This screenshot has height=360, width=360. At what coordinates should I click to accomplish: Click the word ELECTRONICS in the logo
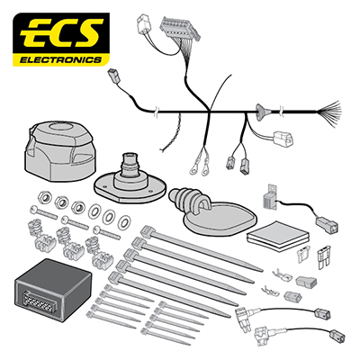coord(60,60)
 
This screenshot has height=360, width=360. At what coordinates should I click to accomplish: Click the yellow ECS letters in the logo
coord(61,34)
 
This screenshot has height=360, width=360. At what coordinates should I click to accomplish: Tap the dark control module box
coord(53,290)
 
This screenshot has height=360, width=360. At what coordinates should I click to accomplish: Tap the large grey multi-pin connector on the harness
coord(179,29)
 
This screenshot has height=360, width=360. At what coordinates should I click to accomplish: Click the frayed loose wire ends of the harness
coord(329,112)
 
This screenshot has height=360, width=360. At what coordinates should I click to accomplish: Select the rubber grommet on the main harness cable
coord(261,112)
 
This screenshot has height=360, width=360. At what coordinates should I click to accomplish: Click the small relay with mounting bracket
coord(270,196)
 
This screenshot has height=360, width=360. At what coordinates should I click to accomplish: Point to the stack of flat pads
coord(277,237)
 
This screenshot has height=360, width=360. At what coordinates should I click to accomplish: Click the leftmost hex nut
coord(45,197)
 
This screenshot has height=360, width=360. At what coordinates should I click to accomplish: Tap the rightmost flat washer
coord(124,221)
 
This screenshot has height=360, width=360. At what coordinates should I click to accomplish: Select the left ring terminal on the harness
coord(193,169)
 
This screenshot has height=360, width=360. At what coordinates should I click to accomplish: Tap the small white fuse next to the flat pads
coord(302,256)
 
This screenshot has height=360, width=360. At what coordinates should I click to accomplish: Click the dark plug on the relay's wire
coord(327,223)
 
